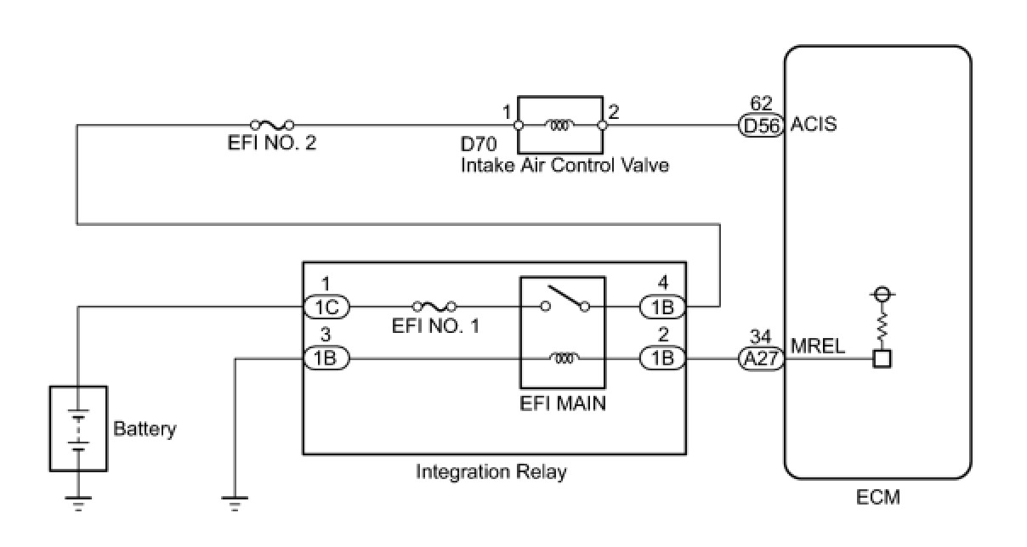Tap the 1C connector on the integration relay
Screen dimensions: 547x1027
point(326,306)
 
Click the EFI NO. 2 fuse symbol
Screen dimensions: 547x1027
point(272,125)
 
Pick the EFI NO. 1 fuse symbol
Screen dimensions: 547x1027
point(434,306)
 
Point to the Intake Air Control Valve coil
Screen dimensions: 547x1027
point(559,125)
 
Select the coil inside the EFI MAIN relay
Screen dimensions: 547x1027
point(562,359)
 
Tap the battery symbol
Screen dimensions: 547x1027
point(78,429)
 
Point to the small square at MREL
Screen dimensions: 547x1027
point(882,359)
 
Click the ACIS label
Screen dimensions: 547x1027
point(814,125)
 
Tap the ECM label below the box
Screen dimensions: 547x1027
point(877,497)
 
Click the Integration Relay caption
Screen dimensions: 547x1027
point(491,471)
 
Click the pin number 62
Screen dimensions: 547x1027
point(761,104)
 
